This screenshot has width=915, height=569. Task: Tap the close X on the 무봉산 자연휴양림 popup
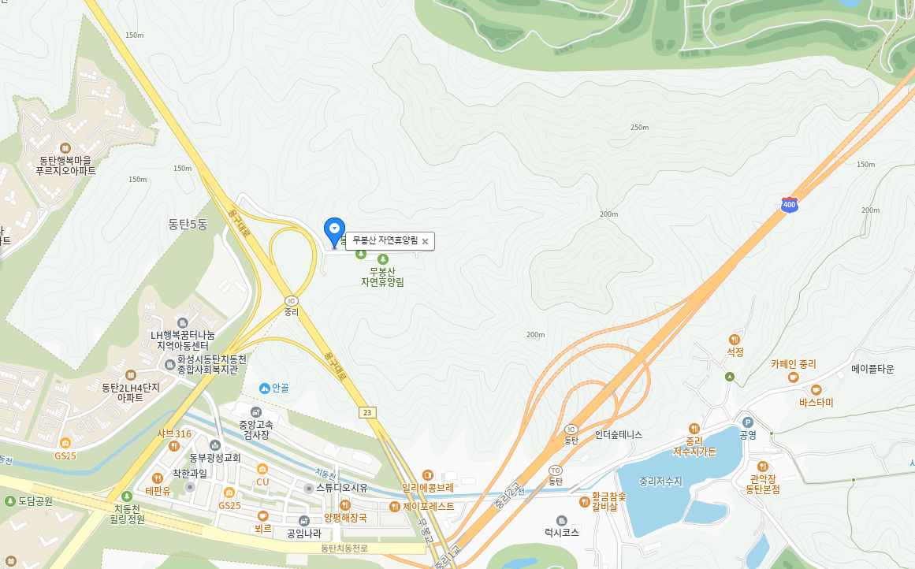[425, 241]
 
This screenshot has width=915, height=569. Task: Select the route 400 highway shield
[789, 205]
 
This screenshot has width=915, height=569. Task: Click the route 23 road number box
[366, 412]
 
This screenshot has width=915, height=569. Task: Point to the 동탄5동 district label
[188, 225]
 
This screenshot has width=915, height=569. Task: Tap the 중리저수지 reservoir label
[660, 481]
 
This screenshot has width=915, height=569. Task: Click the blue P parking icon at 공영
[748, 422]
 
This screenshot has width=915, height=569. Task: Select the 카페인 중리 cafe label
[794, 365]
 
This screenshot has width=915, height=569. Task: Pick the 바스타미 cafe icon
[816, 390]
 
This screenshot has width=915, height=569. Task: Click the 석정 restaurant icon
[735, 339]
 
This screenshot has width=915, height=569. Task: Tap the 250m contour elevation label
[639, 128]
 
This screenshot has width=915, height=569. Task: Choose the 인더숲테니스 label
[619, 434]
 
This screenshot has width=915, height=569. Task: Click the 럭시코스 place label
[561, 533]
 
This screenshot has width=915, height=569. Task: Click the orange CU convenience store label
[262, 482]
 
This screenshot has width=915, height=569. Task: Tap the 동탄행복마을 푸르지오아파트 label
[65, 165]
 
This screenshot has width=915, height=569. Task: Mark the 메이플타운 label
[872, 369]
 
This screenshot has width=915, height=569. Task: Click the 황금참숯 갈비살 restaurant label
[609, 502]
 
